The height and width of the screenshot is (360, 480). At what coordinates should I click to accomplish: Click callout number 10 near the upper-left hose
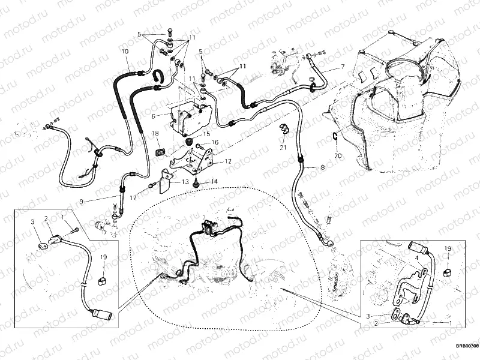pos(125,52)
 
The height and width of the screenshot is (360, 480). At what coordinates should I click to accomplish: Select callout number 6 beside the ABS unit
pos(154,116)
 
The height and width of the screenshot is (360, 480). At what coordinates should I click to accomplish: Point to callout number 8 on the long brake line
pos(322,167)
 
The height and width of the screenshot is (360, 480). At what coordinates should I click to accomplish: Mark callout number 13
pos(185,181)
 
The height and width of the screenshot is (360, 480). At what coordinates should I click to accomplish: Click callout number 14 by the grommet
pos(213,181)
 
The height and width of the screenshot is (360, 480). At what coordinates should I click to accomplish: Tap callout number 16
pos(214,142)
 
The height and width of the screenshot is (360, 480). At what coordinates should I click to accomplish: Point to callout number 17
pos(134,197)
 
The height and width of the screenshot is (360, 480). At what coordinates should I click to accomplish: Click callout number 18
pos(155,133)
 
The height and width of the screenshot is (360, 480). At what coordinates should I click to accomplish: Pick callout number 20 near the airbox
pos(337,155)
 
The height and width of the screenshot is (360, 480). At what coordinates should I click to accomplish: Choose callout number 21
pos(282,147)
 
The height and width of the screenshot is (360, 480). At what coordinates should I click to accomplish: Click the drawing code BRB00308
pos(466,345)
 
